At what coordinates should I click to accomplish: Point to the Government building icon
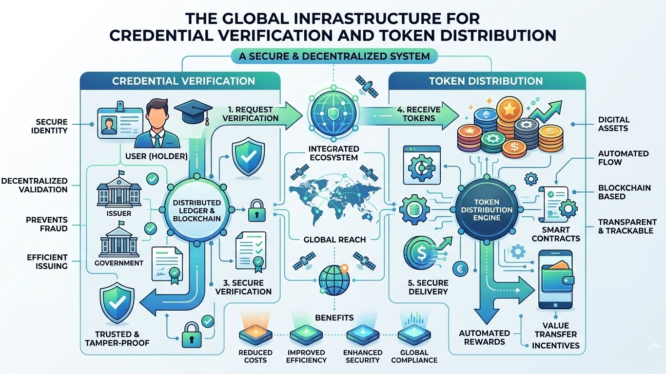point(118,240)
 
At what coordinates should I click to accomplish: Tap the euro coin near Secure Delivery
point(459,268)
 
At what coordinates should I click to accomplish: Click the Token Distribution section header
point(486,81)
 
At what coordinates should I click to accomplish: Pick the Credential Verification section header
point(183,81)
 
